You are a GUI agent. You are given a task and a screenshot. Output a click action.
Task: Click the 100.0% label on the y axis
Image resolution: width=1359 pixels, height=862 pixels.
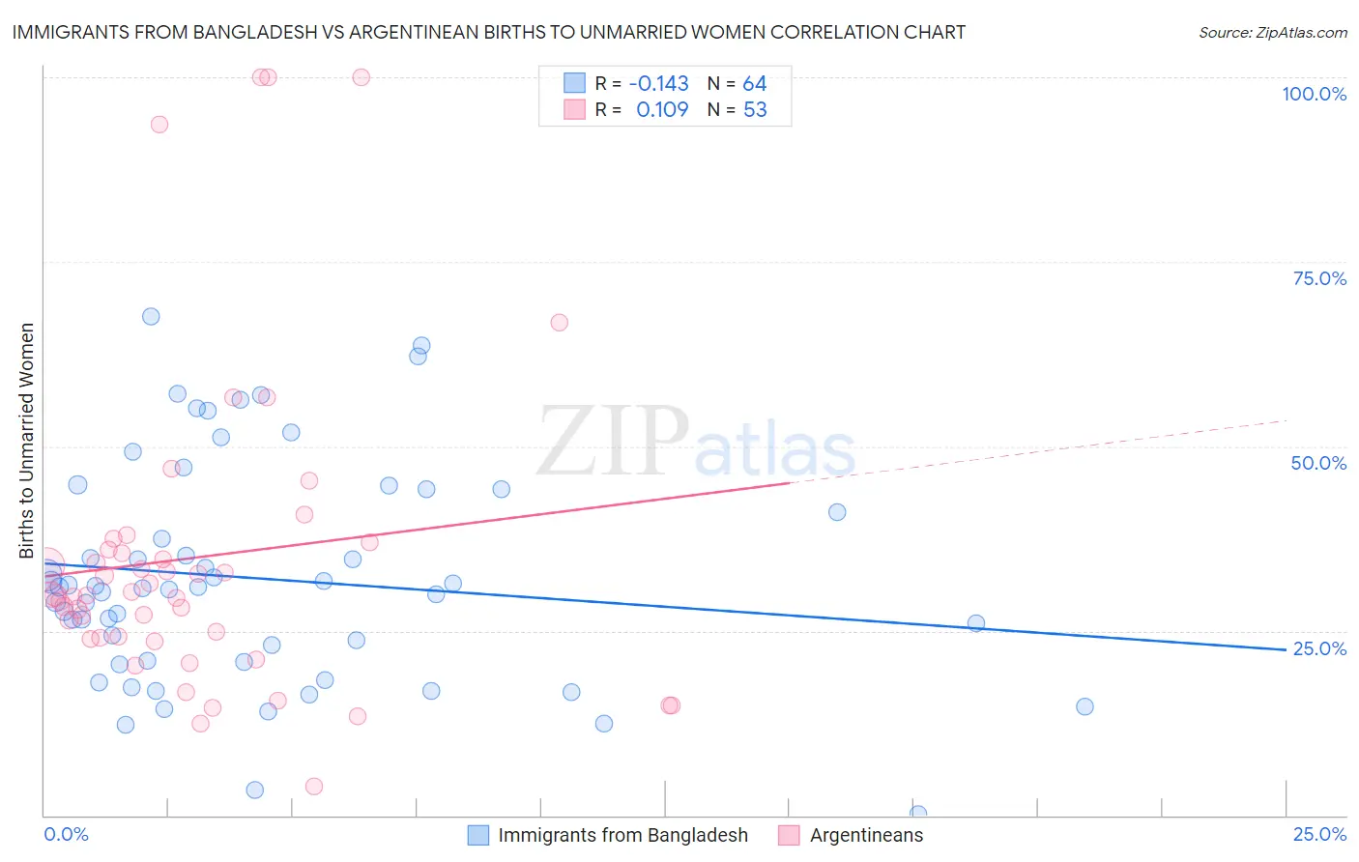pyautogui.click(x=1314, y=94)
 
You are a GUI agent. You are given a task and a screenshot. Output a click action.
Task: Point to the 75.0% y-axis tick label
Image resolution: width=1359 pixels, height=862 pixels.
pyautogui.click(x=1319, y=278)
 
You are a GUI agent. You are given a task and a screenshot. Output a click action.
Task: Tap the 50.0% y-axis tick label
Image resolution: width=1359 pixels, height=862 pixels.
pyautogui.click(x=1318, y=463)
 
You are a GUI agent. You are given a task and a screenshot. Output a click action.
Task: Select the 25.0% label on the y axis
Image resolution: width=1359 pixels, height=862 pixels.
pyautogui.click(x=1319, y=648)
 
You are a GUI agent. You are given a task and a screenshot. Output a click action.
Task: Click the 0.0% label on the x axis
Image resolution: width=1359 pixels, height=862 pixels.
pyautogui.click(x=66, y=834)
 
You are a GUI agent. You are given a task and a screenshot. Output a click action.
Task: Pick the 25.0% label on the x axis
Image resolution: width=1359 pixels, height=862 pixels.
pyautogui.click(x=1319, y=834)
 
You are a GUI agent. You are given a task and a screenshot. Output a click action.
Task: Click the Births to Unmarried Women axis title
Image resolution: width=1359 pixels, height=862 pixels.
pyautogui.click(x=26, y=441)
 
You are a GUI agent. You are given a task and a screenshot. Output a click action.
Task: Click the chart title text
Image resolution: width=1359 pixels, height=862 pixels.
pyautogui.click(x=489, y=32)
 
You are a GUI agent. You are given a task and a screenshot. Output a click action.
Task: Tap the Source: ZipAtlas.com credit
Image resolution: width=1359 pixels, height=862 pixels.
pyautogui.click(x=1272, y=32)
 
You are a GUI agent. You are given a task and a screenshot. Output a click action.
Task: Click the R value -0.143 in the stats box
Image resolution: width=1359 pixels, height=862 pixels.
pyautogui.click(x=658, y=83)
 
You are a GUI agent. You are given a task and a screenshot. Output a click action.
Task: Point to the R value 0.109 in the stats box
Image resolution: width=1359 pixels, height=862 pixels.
pyautogui.click(x=662, y=110)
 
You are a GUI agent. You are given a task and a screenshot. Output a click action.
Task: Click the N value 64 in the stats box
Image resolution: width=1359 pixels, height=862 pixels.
pyautogui.click(x=754, y=83)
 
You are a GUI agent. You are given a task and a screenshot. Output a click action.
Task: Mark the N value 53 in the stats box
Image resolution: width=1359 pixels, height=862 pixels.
pyautogui.click(x=754, y=110)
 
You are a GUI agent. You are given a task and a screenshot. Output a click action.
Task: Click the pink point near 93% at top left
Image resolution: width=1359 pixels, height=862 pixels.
pyautogui.click(x=159, y=124)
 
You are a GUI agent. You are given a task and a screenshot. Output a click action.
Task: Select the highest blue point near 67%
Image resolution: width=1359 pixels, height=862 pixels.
pyautogui.click(x=151, y=316)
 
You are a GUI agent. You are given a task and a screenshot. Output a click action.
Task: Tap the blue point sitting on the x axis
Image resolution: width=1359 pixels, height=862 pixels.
pyautogui.click(x=918, y=814)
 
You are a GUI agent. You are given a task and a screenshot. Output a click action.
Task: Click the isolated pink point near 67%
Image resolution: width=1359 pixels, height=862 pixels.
pyautogui.click(x=559, y=322)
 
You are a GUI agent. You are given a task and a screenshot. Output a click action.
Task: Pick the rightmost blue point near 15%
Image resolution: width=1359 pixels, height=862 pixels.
pyautogui.click(x=1084, y=706)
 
